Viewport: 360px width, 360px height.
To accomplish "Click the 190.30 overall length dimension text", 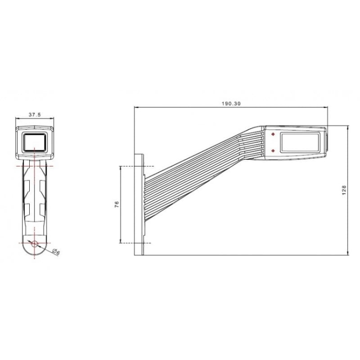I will (231, 103).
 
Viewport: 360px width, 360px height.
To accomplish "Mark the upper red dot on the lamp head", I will (273, 134).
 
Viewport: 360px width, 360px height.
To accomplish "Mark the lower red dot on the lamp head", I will (273, 151).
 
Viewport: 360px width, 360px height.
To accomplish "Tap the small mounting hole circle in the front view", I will (35, 243).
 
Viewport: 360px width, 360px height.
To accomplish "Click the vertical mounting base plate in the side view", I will (140, 205).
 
